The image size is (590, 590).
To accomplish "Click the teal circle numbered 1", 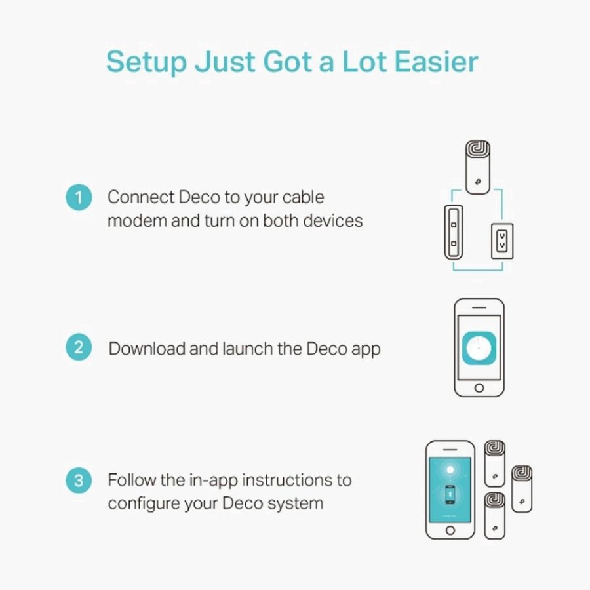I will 79,197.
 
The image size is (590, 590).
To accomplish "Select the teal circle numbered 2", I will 79,347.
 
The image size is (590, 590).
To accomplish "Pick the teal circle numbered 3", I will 79,480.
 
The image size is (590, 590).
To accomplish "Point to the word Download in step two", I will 146,348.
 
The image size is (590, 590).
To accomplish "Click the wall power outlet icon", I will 501,243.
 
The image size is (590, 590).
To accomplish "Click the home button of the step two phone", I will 479,388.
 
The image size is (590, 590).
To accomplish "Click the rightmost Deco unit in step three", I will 521,488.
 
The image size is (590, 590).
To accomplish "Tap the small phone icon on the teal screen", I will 450,494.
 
